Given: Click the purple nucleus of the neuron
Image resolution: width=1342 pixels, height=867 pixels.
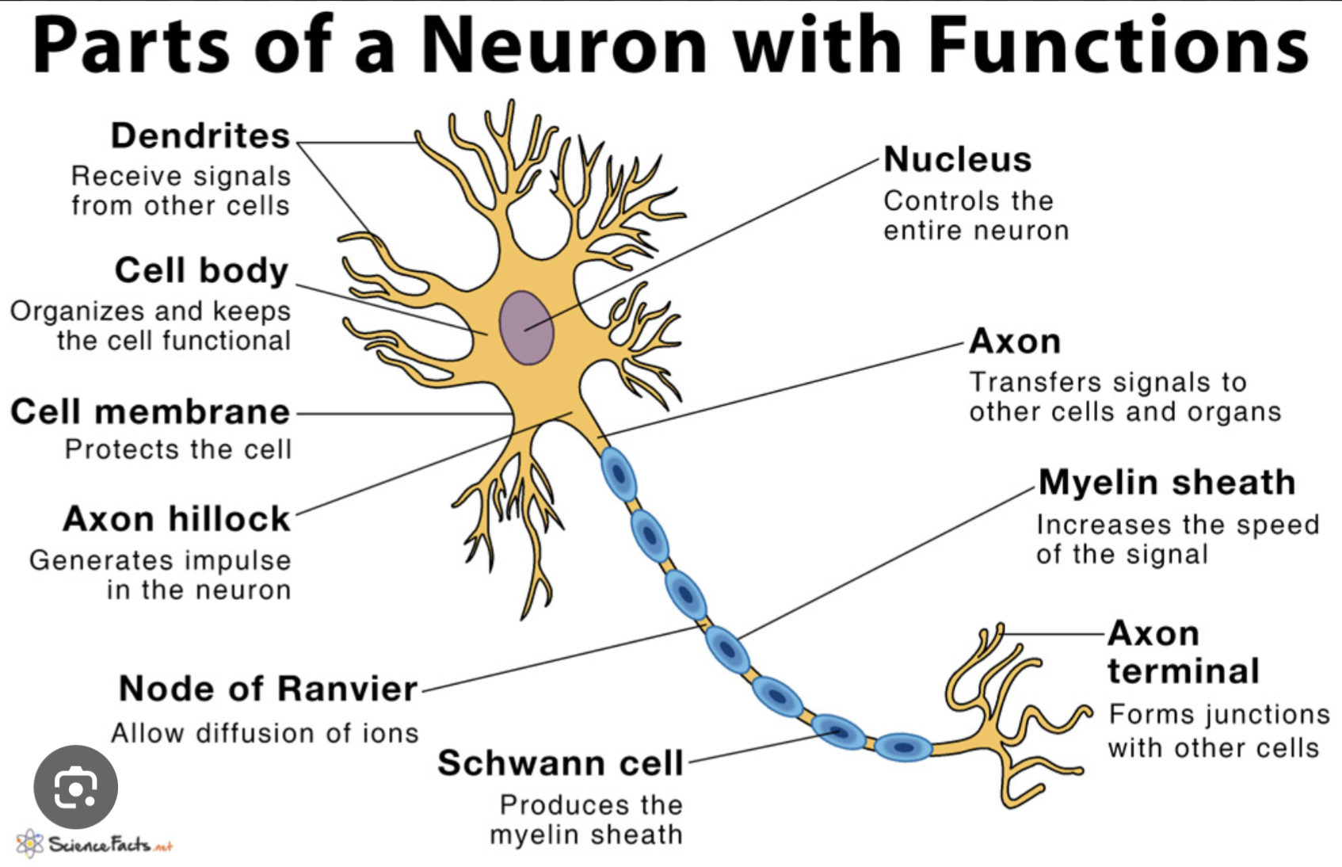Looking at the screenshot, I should coord(526,327).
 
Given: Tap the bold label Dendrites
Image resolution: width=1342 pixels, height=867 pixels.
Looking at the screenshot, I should coord(200,136).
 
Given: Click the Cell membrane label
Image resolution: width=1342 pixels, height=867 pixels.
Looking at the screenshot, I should coord(151,412).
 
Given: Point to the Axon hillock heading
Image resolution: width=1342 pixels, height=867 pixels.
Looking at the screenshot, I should coord(177,519).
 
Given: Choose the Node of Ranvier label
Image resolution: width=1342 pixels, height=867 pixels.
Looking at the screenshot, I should coord(268,689).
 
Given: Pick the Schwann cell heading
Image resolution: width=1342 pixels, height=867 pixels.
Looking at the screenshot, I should coord(560,763).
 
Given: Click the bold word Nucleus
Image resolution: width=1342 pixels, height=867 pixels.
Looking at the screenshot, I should coord(957,160).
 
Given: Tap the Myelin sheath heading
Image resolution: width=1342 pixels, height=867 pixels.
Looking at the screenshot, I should coord(1166,483).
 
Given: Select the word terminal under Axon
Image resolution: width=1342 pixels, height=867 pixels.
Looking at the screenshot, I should coord(1183,671).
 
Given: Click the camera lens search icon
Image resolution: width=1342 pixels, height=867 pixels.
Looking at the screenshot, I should coord(76,787).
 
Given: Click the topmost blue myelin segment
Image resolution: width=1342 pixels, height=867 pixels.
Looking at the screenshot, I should coord(618,474).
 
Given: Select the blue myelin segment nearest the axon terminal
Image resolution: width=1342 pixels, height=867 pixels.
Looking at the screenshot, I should coord(903,747).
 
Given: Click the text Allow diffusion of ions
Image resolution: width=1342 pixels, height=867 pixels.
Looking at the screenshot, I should coord(265,733).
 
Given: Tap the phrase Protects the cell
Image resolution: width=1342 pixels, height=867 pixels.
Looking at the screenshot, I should coord(178,449).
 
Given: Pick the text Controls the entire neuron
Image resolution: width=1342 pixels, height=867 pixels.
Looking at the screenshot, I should coord(975,216).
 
